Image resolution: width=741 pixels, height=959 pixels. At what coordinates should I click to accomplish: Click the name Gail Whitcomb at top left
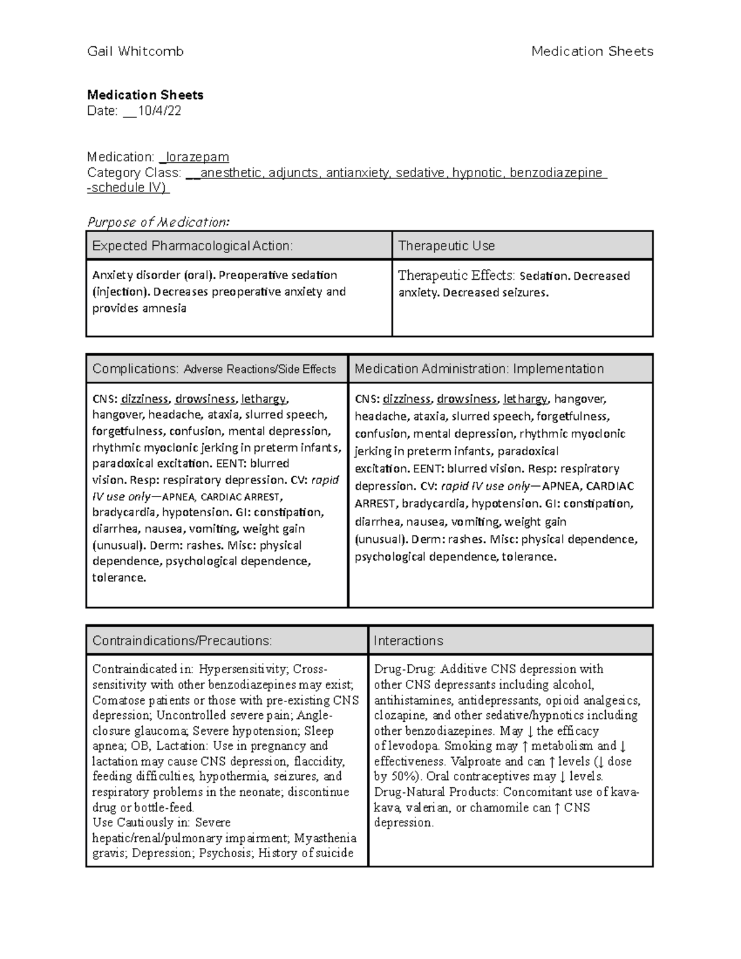click(135, 51)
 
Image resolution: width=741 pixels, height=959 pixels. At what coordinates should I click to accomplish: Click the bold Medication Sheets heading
click(145, 95)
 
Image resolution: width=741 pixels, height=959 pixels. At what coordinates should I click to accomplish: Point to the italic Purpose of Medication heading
click(158, 222)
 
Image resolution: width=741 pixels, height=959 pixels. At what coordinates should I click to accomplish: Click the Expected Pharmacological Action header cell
click(192, 246)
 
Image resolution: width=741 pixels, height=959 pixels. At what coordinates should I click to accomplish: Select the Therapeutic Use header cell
click(446, 246)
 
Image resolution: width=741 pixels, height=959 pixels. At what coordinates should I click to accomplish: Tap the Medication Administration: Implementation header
click(479, 369)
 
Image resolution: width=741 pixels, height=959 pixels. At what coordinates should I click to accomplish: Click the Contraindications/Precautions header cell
click(182, 640)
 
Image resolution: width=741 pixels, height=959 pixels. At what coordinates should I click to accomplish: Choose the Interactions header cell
click(408, 640)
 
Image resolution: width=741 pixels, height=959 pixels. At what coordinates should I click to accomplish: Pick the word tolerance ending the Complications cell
click(119, 578)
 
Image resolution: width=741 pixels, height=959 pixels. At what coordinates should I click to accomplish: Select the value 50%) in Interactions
click(406, 777)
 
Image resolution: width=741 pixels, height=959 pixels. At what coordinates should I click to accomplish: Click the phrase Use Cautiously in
click(141, 823)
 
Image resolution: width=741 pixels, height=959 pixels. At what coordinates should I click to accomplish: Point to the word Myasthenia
click(325, 838)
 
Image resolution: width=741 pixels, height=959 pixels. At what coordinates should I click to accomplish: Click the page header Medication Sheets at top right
click(592, 51)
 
